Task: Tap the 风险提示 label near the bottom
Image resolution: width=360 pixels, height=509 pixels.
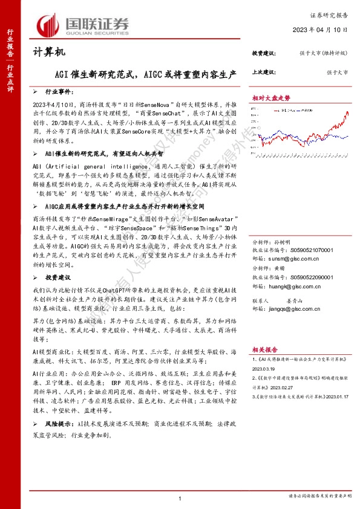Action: coord(59,425)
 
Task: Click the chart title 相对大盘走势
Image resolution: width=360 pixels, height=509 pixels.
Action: coord(271,97)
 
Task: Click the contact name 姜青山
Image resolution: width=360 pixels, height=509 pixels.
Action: coord(295,299)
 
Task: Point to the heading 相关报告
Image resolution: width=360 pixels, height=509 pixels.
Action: coord(264,349)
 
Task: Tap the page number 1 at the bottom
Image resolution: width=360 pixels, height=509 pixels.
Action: coord(180,497)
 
